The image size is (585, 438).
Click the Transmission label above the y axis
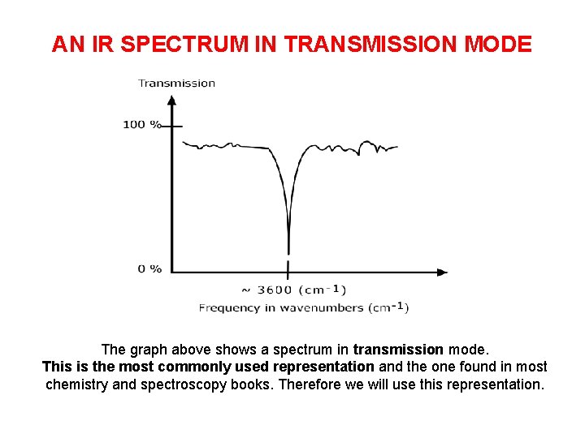[176, 83]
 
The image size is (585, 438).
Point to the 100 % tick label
[142, 125]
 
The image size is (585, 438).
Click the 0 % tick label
[149, 268]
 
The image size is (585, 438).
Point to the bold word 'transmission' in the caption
[398, 350]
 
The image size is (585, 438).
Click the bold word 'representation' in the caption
[323, 367]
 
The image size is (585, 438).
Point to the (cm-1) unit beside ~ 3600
[323, 290]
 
